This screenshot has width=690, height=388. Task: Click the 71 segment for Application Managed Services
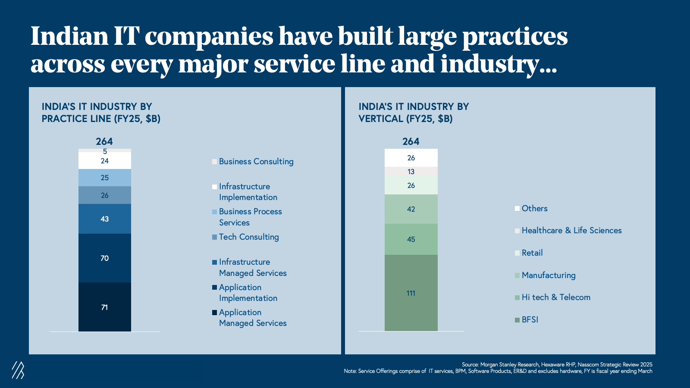coord(104,307)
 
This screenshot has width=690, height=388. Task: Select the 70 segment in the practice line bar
coord(104,258)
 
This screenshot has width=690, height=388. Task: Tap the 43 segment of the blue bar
coord(104,219)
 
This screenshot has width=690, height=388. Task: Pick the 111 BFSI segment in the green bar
coord(411,293)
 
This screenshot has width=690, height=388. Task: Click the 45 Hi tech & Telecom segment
coord(411,239)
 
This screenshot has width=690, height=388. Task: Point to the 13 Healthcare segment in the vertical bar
coord(411,172)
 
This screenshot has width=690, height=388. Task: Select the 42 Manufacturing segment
coord(411,209)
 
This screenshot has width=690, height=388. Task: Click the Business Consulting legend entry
coord(256,162)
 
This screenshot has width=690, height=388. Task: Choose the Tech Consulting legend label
coord(248,237)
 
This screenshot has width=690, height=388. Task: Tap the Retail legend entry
coord(532,253)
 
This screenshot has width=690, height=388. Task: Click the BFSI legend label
coord(530,320)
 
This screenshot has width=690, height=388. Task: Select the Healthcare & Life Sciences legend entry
coord(571,231)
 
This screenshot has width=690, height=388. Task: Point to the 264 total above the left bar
coord(104,141)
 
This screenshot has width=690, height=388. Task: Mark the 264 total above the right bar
coord(411,141)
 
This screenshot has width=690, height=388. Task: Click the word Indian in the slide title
coord(69,36)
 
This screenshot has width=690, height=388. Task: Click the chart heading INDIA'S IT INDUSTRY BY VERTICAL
coord(414,113)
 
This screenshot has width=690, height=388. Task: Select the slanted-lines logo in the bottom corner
coord(18,370)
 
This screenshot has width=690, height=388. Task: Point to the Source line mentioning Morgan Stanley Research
coord(557,365)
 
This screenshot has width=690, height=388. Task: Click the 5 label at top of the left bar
coord(105,151)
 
